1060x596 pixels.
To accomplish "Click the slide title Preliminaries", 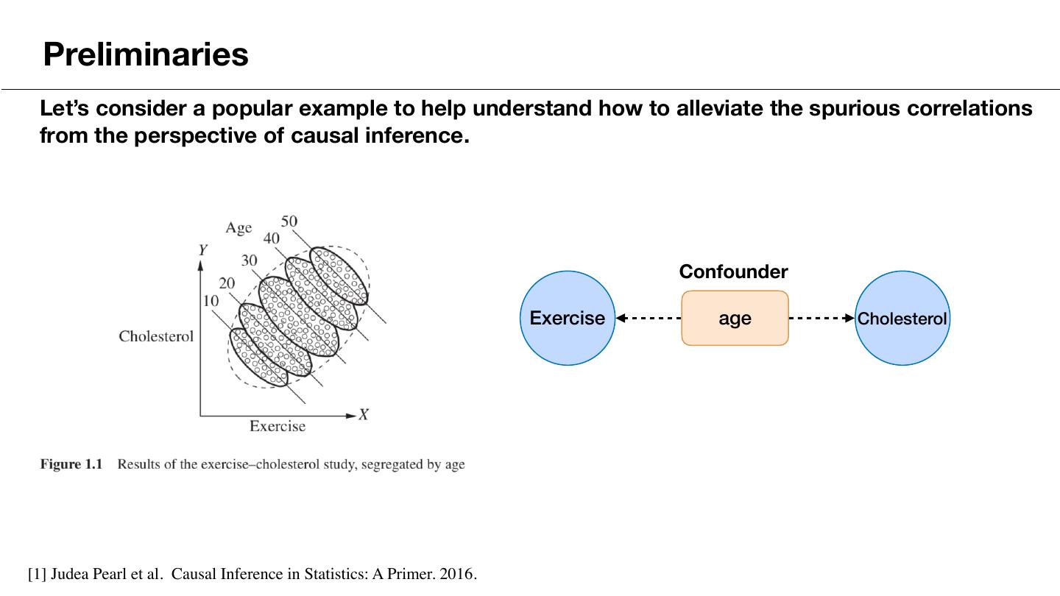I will (146, 54).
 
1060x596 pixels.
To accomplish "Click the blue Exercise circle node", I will (568, 318).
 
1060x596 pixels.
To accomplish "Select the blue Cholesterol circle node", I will (902, 318).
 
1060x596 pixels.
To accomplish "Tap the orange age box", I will (735, 318).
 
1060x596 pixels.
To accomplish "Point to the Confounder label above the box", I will (733, 272).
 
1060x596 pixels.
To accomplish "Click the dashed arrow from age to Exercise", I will (649, 319).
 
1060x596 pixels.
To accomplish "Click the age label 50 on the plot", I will (289, 221).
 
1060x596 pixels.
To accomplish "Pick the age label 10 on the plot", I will (211, 300).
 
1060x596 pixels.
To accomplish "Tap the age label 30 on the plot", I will (250, 260).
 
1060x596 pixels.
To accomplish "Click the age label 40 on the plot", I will (271, 238).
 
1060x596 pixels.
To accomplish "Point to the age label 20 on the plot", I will (227, 283).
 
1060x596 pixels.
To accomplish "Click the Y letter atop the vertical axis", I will (202, 250).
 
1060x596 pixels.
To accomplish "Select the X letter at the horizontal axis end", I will (364, 415).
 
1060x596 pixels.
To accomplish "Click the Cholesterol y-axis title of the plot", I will (156, 336).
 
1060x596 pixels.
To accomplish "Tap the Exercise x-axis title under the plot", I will (278, 426).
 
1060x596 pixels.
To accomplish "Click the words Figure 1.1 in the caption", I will (71, 464).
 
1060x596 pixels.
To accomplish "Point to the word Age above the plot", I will (239, 228).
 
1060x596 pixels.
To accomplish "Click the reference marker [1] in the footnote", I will (37, 574).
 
